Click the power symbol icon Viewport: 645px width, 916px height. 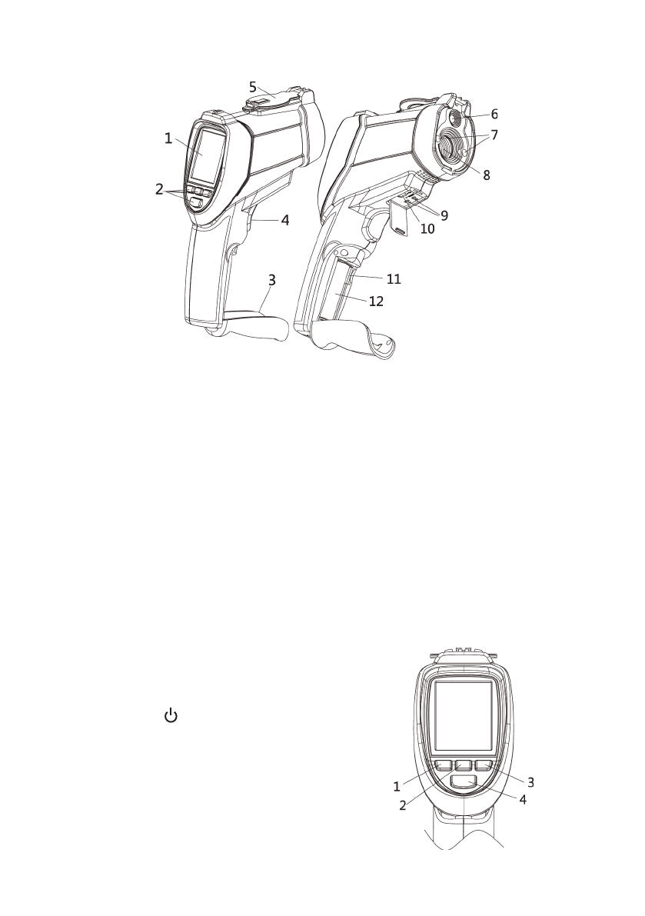pyautogui.click(x=171, y=715)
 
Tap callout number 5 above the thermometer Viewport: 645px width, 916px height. pyautogui.click(x=253, y=88)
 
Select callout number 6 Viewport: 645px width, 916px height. pyautogui.click(x=494, y=114)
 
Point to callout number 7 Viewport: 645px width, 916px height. pyautogui.click(x=494, y=135)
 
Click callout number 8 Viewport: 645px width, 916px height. pyautogui.click(x=486, y=174)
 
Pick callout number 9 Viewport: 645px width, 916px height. pyautogui.click(x=444, y=215)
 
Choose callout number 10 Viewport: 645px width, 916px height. pyautogui.click(x=427, y=229)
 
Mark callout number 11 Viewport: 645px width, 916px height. pyautogui.click(x=394, y=279)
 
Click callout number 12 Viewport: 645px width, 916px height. pyautogui.click(x=376, y=301)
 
